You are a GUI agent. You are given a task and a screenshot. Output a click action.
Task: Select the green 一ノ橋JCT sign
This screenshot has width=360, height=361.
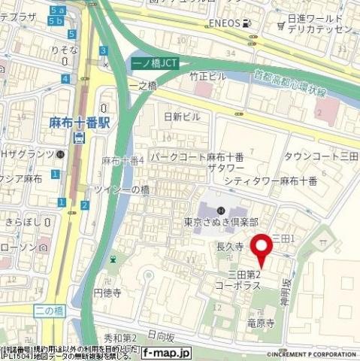tap(156, 64)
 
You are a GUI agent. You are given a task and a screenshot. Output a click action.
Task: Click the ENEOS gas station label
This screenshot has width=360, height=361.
tap(225, 23)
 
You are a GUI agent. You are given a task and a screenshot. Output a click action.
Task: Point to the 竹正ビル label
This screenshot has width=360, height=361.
tap(207, 77)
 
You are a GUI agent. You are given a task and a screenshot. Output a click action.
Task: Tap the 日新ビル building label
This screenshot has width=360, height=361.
tap(183, 117)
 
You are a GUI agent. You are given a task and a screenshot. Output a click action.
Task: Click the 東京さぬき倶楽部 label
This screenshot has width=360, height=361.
tap(221, 223)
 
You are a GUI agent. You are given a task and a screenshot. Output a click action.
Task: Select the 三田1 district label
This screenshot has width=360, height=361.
tap(286, 238)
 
